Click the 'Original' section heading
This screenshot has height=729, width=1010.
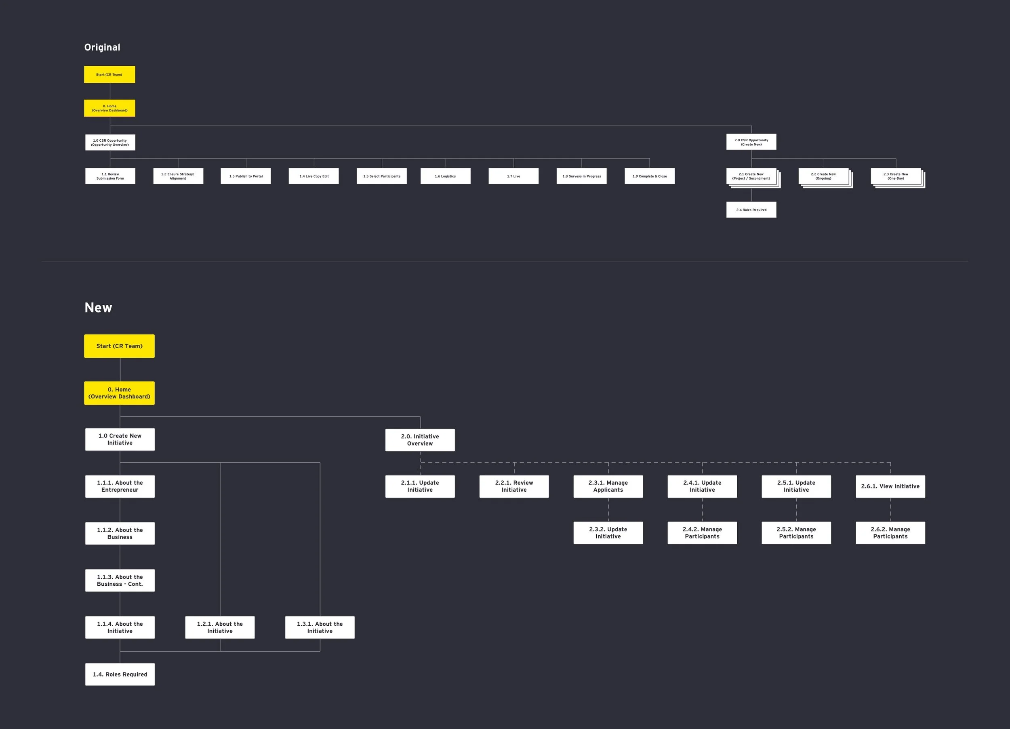pyautogui.click(x=102, y=47)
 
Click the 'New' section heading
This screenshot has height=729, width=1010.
pyautogui.click(x=99, y=308)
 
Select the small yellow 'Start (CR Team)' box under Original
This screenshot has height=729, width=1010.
pyautogui.click(x=109, y=74)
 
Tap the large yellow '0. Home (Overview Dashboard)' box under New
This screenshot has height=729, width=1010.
pyautogui.click(x=119, y=393)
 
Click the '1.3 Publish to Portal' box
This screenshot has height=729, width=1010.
pyautogui.click(x=246, y=176)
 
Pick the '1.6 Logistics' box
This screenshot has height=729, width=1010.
pyautogui.click(x=445, y=176)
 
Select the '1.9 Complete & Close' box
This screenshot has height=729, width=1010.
pyautogui.click(x=649, y=176)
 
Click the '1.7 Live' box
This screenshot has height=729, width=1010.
pyautogui.click(x=513, y=176)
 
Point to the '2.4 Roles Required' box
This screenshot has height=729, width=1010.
pyautogui.click(x=751, y=209)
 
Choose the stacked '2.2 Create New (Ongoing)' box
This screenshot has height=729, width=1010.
pyautogui.click(x=823, y=176)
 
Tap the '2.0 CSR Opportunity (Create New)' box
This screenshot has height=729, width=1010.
pyautogui.click(x=751, y=142)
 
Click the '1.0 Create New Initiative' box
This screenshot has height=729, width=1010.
pyautogui.click(x=120, y=439)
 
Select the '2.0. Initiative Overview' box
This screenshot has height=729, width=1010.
pyautogui.click(x=420, y=440)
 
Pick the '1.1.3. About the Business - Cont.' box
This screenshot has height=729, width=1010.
pyautogui.click(x=120, y=580)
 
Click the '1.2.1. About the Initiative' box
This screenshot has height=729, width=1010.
pyautogui.click(x=220, y=627)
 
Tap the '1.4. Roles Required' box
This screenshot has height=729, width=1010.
pyautogui.click(x=120, y=674)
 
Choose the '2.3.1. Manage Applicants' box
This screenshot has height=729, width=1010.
pyautogui.click(x=608, y=486)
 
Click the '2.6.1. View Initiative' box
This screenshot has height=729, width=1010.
pyautogui.click(x=890, y=486)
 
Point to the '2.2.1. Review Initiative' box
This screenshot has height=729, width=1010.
pyautogui.click(x=514, y=486)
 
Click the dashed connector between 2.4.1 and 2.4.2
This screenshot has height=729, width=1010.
pyautogui.click(x=702, y=509)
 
